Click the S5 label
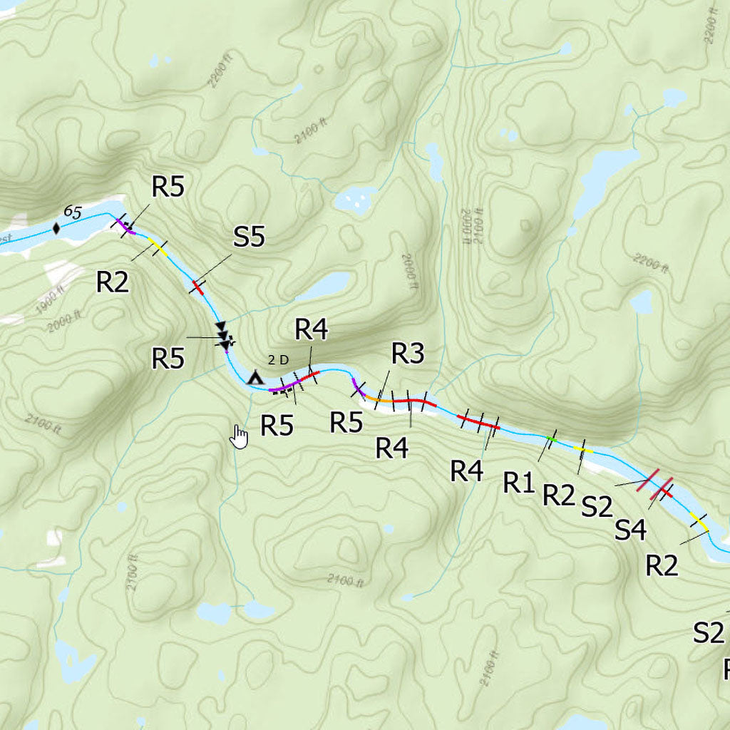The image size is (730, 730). (249, 237)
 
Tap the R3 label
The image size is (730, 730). (408, 353)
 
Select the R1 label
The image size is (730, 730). (518, 483)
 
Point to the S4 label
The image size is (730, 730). (630, 530)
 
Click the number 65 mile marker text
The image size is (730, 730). (72, 212)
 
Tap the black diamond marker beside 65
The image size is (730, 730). (56, 229)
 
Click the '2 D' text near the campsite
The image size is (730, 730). (279, 360)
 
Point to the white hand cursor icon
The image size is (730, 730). (240, 437)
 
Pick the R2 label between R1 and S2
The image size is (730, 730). (558, 494)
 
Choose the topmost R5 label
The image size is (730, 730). (168, 187)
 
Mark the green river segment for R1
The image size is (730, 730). (550, 438)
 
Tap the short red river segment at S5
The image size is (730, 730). (197, 287)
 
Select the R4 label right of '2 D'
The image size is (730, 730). (312, 330)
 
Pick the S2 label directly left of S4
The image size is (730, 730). (597, 507)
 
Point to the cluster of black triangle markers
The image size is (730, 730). (224, 336)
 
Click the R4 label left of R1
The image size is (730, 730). (467, 471)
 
